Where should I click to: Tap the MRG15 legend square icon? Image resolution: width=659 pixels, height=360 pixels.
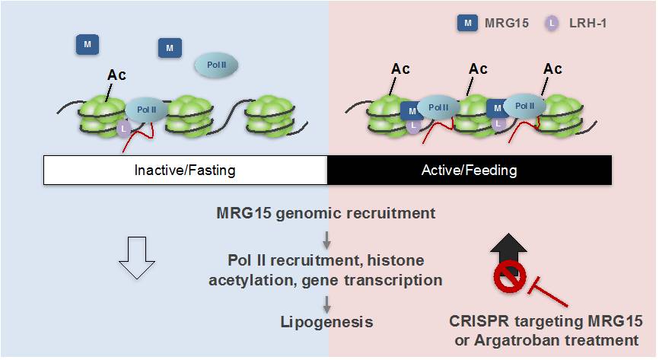pos(467,24)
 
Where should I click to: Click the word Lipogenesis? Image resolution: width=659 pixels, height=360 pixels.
pos(326,322)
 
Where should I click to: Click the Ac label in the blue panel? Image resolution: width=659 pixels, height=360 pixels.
pos(116,75)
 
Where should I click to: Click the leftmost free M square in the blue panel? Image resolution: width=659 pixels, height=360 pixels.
pos(88,45)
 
